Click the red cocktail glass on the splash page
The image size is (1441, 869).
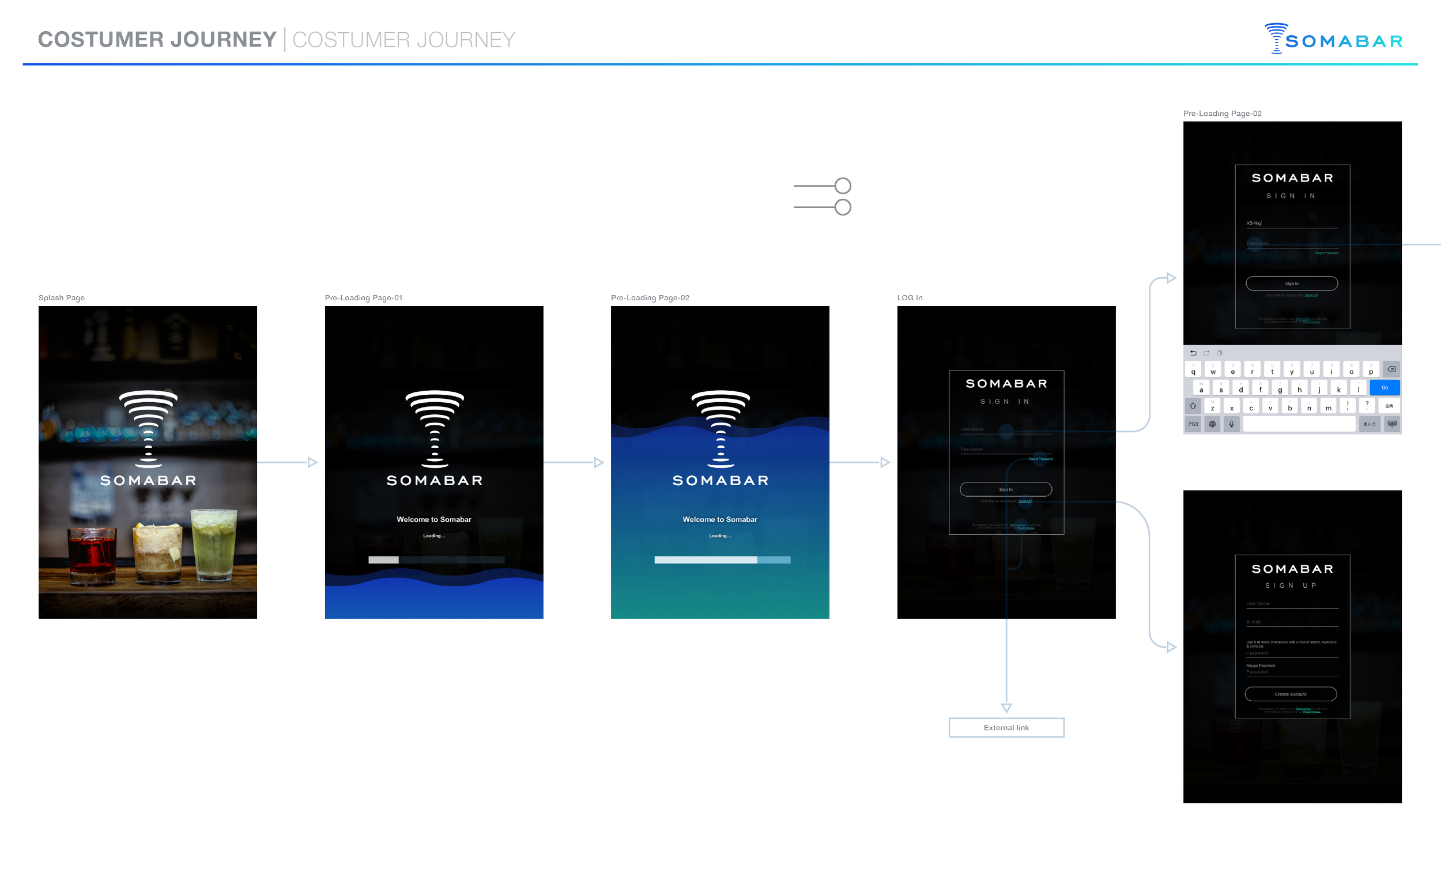click(x=92, y=555)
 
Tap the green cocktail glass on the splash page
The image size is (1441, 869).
click(x=214, y=545)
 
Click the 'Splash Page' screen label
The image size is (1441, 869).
click(x=62, y=298)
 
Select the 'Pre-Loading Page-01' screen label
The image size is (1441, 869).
click(x=363, y=298)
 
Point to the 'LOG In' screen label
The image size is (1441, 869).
click(x=910, y=298)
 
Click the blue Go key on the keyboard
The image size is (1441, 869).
click(x=1385, y=388)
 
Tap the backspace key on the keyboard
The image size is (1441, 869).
click(x=1391, y=369)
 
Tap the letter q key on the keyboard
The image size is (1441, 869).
click(x=1193, y=370)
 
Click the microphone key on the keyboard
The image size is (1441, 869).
click(x=1232, y=424)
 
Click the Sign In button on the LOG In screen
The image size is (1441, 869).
click(x=1005, y=489)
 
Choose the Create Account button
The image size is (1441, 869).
click(x=1291, y=694)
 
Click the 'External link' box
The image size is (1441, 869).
click(x=1006, y=728)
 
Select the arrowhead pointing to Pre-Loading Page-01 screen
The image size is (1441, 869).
click(x=312, y=463)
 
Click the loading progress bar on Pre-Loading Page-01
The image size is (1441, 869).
click(x=436, y=560)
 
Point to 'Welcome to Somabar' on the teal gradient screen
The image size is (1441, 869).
click(x=720, y=519)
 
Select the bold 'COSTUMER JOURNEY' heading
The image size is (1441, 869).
click(x=157, y=40)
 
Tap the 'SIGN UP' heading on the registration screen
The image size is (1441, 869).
click(x=1291, y=585)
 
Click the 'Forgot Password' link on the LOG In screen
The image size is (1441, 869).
click(x=1040, y=459)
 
